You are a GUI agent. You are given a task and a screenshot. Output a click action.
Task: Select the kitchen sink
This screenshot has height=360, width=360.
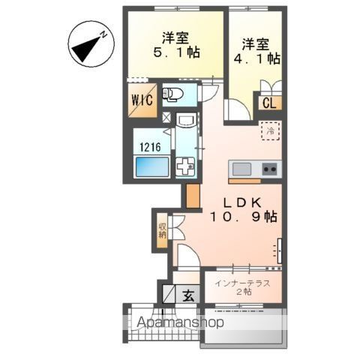pos(244,168)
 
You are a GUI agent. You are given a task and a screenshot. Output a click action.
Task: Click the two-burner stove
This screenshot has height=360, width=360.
pos(268,168)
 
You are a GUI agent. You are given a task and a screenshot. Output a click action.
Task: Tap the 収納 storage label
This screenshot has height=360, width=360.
pos(162,229)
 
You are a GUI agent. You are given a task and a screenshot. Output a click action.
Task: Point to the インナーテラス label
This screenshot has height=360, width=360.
pos(241,283)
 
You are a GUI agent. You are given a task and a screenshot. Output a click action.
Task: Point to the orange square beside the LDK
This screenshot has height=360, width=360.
pos(193,196)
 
